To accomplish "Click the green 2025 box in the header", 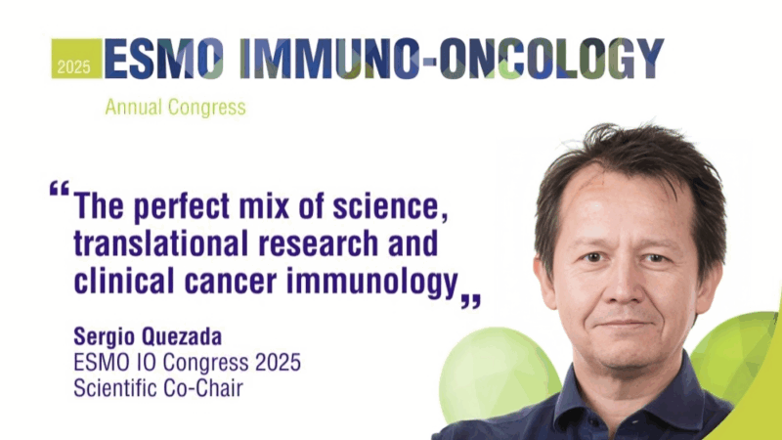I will pyautogui.click(x=76, y=60).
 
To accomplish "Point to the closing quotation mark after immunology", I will pyautogui.click(x=471, y=297).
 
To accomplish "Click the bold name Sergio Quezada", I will pyautogui.click(x=148, y=337).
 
